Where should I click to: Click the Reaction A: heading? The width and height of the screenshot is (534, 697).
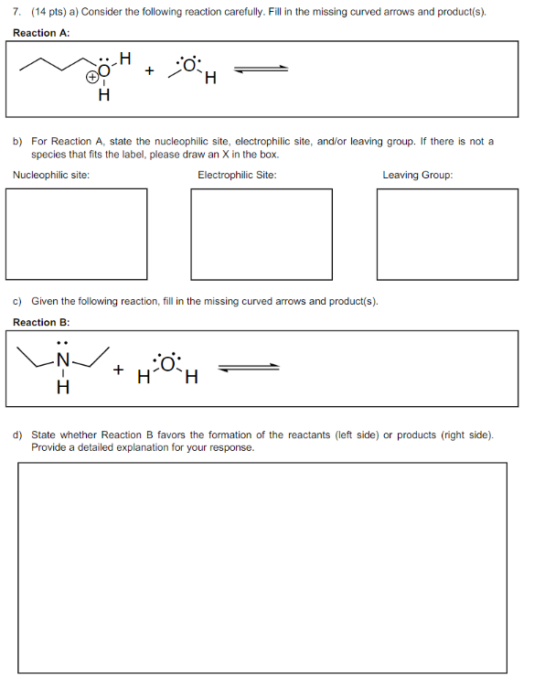click(x=41, y=32)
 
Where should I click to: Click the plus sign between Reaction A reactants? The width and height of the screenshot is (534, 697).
click(x=150, y=70)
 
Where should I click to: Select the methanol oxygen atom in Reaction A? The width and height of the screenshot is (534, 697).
click(x=189, y=65)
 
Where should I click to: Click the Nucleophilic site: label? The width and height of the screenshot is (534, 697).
click(x=51, y=175)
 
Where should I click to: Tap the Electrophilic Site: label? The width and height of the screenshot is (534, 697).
click(x=237, y=175)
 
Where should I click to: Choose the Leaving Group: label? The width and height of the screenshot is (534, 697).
click(x=417, y=175)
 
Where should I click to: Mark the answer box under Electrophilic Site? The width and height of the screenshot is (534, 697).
click(x=262, y=232)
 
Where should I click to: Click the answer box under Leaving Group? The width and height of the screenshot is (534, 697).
click(x=446, y=232)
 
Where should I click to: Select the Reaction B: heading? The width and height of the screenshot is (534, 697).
click(x=41, y=322)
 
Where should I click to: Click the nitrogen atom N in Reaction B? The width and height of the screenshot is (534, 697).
click(x=63, y=361)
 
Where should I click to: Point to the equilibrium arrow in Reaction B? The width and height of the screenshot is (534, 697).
click(x=248, y=368)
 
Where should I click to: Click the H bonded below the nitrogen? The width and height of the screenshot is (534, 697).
click(x=63, y=388)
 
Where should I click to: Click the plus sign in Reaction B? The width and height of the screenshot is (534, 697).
click(x=118, y=370)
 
